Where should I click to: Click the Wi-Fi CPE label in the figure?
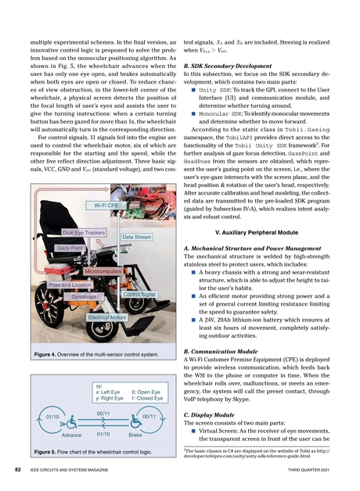103,205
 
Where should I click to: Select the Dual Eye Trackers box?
85,233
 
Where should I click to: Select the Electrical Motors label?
107,318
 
